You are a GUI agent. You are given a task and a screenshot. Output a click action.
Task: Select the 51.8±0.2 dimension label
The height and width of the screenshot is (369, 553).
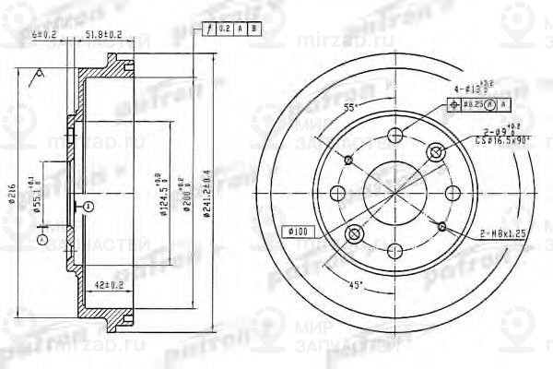[x=104, y=35]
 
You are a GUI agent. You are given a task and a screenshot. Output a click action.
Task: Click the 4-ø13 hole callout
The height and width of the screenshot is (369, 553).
[x=477, y=89]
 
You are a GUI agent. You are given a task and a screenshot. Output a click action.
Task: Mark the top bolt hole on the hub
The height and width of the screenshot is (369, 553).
[x=396, y=137]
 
